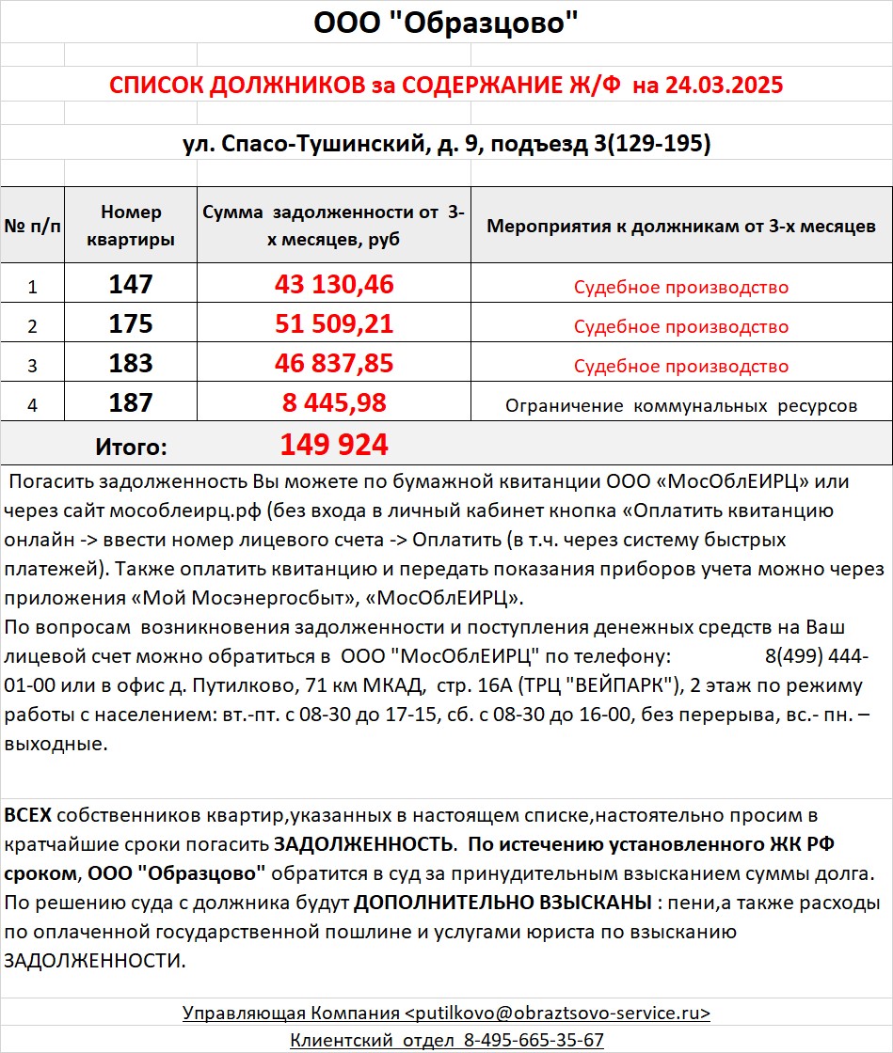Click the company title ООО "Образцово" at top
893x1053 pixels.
[x=445, y=24]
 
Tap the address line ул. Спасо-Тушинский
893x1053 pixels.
[x=446, y=144]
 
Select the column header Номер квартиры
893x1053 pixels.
[x=131, y=226]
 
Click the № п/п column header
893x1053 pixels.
[x=32, y=226]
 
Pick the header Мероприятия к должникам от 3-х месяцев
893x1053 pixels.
[x=680, y=226]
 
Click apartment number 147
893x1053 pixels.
[x=131, y=285]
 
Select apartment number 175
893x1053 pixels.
[x=131, y=324]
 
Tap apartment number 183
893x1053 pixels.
[x=131, y=364]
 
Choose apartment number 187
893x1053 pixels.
[x=131, y=403]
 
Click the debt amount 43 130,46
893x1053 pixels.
[x=334, y=285]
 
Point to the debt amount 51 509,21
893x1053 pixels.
[x=334, y=324]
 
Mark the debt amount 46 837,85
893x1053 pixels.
[x=334, y=364]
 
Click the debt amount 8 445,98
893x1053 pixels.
[x=334, y=403]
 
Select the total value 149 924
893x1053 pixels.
[x=334, y=445]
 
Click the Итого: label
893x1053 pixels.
[x=131, y=447]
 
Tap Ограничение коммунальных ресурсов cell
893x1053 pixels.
[x=681, y=406]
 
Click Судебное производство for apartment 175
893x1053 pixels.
[x=681, y=327]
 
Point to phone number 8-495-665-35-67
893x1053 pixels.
[x=532, y=1040]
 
